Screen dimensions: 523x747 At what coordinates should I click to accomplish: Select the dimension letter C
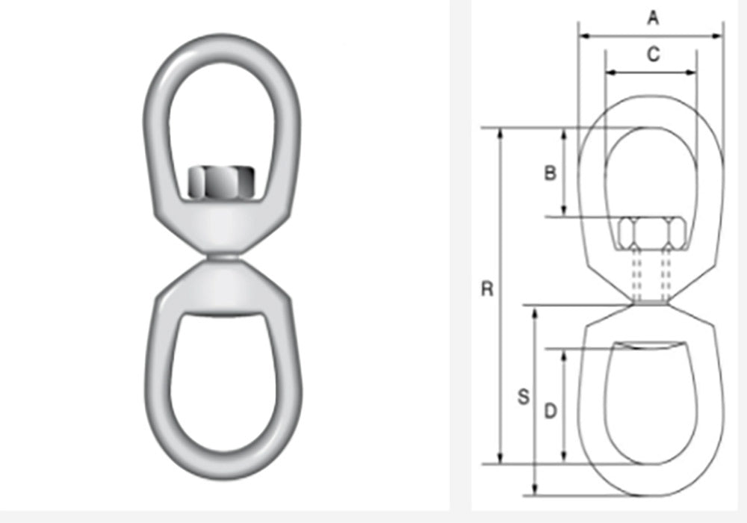point(652,55)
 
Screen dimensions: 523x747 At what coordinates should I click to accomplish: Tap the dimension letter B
point(550,173)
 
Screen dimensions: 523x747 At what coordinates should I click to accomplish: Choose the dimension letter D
point(550,410)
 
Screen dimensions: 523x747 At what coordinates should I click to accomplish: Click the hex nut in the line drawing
point(651,234)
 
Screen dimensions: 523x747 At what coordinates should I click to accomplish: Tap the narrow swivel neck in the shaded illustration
point(222,259)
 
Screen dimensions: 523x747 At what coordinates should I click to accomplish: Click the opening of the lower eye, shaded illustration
point(222,374)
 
